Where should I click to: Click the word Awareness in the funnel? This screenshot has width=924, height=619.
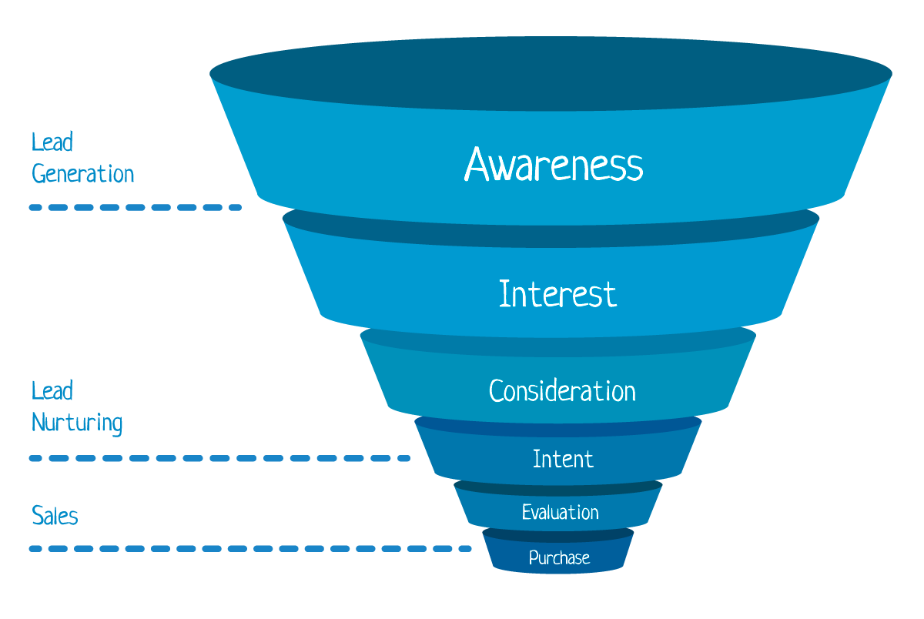click(553, 164)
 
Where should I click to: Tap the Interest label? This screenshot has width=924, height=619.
click(557, 294)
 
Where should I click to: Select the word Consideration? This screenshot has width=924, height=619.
click(562, 391)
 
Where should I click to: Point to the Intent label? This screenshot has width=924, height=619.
click(563, 460)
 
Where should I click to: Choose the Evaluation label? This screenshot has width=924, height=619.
click(560, 512)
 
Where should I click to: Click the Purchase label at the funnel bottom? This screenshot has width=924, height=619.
click(559, 558)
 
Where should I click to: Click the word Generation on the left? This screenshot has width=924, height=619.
click(83, 174)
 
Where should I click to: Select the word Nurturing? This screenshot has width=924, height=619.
click(77, 423)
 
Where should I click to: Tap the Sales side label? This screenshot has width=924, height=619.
click(55, 515)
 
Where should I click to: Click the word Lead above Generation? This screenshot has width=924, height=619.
click(52, 142)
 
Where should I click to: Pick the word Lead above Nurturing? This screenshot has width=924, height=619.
click(52, 391)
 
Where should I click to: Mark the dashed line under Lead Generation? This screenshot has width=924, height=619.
click(136, 207)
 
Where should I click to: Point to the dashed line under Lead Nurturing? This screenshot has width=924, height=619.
click(219, 458)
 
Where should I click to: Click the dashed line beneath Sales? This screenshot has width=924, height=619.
click(250, 549)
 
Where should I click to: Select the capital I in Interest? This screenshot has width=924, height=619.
click(504, 294)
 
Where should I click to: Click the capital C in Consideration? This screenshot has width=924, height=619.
click(497, 391)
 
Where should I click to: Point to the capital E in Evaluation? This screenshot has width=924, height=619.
click(526, 512)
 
